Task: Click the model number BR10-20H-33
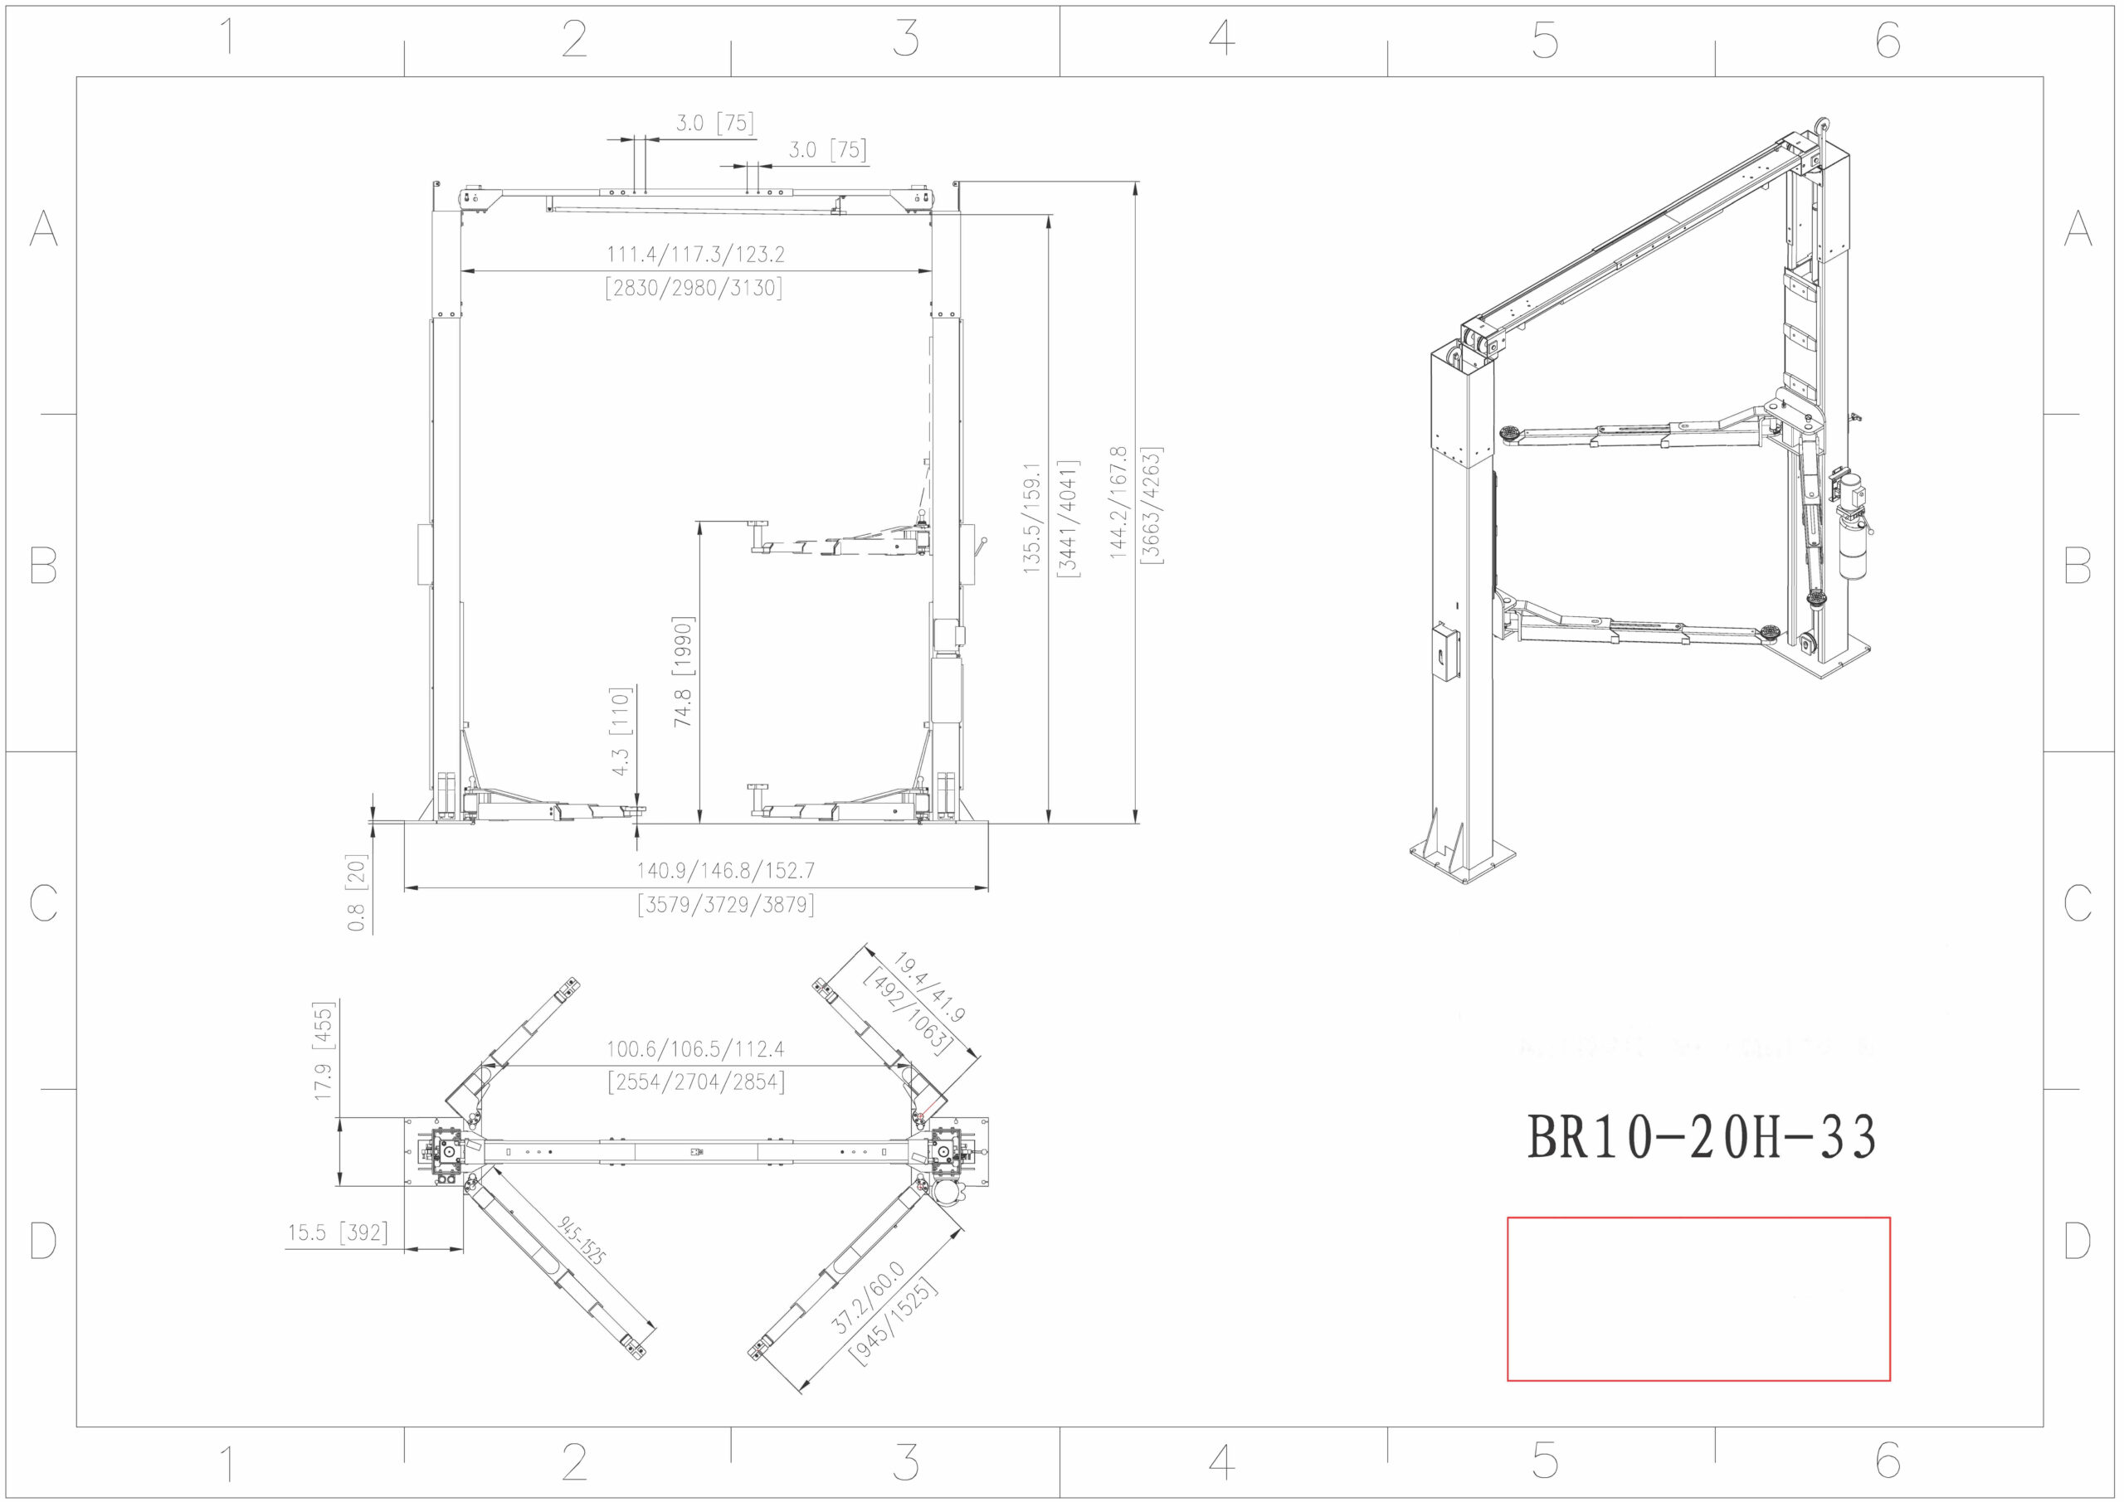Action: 1700,1138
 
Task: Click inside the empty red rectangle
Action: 1698,1298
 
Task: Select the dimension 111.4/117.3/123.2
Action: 694,255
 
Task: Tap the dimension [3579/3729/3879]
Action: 725,905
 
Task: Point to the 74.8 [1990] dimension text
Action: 683,672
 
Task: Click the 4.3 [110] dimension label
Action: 620,731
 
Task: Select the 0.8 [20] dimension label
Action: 357,892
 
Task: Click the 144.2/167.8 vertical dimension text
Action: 1118,503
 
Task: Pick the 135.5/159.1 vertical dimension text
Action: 1032,518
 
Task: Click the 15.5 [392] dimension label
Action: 337,1232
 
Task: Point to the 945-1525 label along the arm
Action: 582,1240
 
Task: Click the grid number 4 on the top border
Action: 1222,39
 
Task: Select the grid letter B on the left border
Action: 43,564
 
